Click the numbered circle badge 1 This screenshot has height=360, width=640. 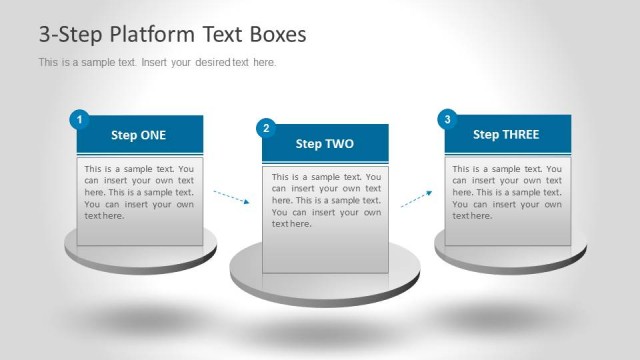[78, 120]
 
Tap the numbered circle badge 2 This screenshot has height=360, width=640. [265, 128]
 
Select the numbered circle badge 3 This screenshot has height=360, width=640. [447, 120]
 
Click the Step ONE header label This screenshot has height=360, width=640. [139, 135]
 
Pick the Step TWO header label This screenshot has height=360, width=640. [324, 144]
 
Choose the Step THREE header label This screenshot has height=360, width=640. [506, 134]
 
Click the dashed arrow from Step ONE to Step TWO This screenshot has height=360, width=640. [231, 197]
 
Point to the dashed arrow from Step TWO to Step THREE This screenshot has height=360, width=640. [416, 199]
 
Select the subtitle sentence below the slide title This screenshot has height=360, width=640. [157, 63]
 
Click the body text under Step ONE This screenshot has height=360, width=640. [139, 192]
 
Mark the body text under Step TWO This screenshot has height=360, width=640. [326, 200]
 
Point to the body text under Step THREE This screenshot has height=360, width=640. [506, 192]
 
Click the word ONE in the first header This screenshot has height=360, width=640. [153, 135]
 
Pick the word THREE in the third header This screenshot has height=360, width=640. [520, 134]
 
